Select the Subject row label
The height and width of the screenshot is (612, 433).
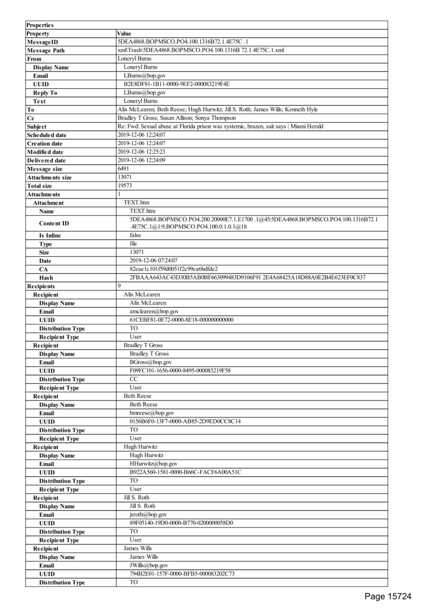click(x=37, y=126)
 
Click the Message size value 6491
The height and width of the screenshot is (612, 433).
click(x=123, y=169)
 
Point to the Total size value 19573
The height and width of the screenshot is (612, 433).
click(x=125, y=186)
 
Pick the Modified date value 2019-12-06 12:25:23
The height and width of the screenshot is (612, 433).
click(x=141, y=152)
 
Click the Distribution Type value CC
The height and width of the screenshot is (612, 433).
click(x=134, y=379)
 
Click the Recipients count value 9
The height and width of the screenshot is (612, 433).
click(x=119, y=286)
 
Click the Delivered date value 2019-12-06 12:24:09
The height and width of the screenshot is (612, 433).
click(x=141, y=160)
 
